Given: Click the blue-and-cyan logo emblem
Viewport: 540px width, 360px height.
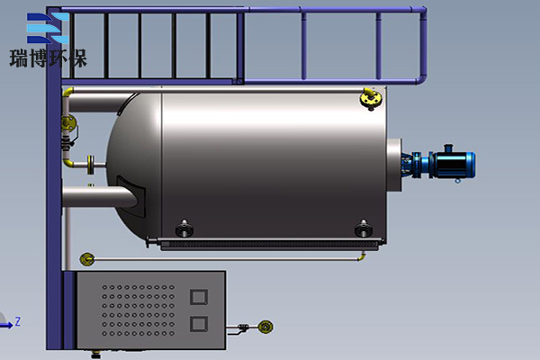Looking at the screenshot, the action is click(x=48, y=28).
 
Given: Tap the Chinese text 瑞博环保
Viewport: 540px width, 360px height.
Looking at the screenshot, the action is click(x=49, y=58).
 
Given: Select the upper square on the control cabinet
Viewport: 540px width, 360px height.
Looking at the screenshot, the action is click(x=199, y=297).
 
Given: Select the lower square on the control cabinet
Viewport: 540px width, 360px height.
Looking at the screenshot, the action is click(x=199, y=324).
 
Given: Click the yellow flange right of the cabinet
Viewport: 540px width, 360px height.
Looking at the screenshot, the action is click(x=265, y=327).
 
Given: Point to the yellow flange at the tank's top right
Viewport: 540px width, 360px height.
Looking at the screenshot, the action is click(x=370, y=98).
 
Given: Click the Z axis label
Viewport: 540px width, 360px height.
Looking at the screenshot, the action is click(x=18, y=322).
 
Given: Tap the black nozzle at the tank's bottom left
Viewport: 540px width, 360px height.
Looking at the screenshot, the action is click(x=184, y=229).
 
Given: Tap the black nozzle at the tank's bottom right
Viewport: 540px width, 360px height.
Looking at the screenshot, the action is click(x=363, y=229).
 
